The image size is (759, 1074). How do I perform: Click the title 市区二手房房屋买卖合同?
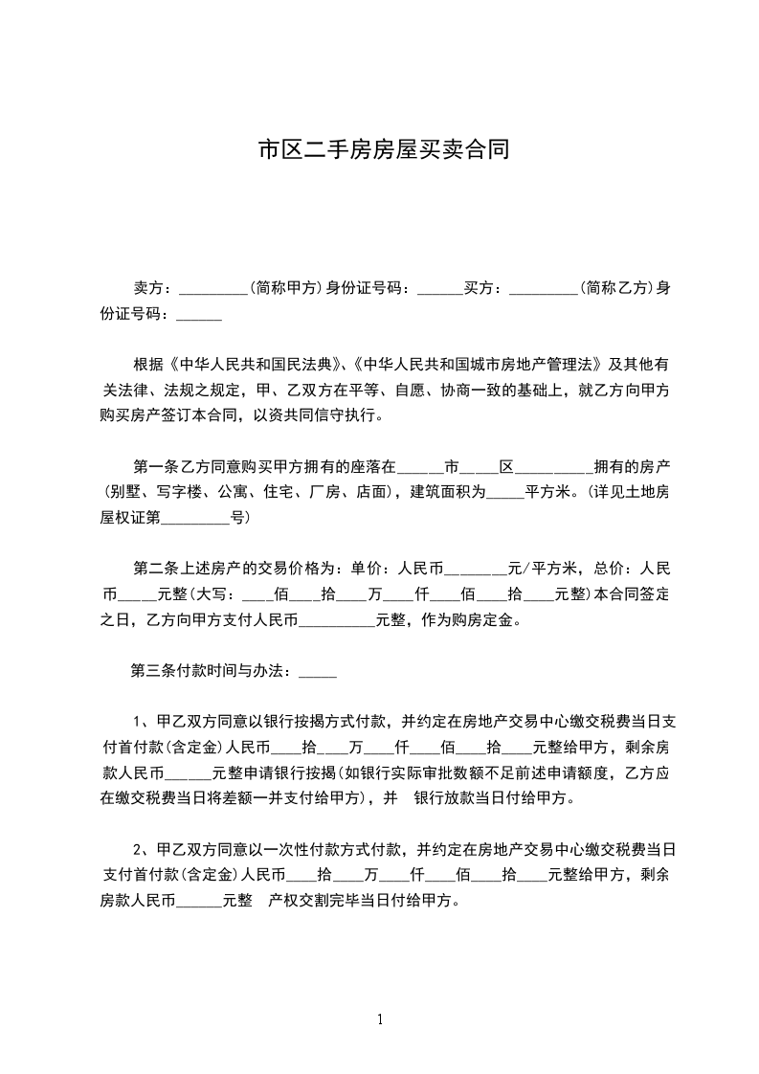pos(383,150)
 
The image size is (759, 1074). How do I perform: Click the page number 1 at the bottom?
pos(380,1018)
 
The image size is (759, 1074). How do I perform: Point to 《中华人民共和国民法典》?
pos(255,365)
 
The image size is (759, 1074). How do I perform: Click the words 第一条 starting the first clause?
pos(155,467)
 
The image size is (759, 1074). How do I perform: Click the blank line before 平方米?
pos(506,493)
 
